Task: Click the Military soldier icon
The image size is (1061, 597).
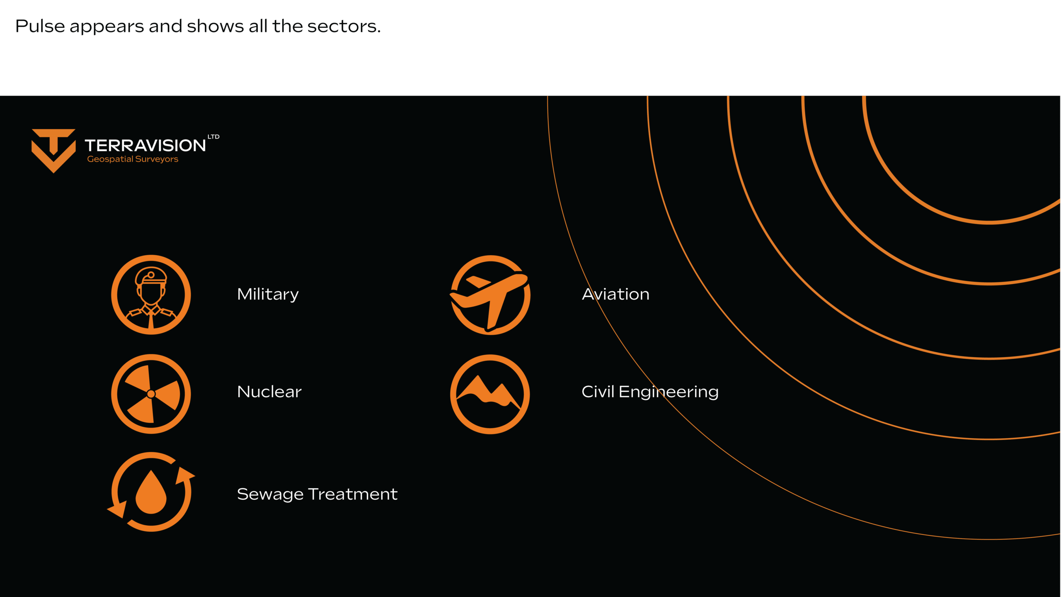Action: tap(151, 295)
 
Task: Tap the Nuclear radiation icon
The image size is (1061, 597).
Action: tap(151, 394)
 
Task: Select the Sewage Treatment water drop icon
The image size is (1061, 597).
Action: tap(151, 492)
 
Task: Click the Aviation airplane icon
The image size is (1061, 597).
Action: tap(490, 295)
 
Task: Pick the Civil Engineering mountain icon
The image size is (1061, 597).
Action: tap(490, 394)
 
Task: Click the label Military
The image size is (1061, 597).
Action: tap(268, 295)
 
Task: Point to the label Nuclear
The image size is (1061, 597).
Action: tap(269, 392)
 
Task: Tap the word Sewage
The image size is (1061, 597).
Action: tap(270, 494)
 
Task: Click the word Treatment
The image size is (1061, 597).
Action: tap(353, 494)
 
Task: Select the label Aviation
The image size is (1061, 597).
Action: tap(615, 294)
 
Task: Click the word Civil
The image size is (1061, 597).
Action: tap(598, 391)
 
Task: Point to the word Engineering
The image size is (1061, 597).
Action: tap(669, 392)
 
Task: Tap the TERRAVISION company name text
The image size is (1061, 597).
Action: tap(145, 146)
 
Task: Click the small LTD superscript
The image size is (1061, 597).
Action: tap(213, 136)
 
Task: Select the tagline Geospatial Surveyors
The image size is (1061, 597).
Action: tap(133, 159)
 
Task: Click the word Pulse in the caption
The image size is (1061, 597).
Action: tap(40, 26)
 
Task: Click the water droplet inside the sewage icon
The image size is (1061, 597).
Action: tap(151, 492)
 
